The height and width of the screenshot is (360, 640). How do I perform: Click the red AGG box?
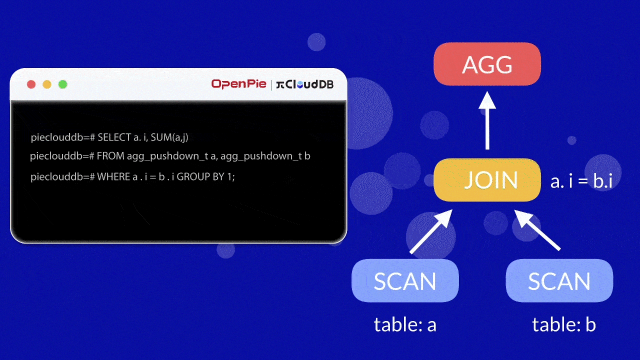487,64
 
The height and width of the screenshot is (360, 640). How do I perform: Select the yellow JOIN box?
487,180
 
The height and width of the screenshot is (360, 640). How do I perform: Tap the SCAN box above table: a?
405,280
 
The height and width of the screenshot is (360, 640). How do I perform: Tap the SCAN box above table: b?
559,280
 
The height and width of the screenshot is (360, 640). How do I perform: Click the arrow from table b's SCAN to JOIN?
538,230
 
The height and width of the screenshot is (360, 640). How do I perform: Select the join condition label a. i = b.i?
581,181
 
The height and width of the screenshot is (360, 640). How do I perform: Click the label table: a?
405,325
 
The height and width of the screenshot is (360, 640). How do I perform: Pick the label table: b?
563,325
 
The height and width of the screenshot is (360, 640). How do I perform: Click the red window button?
31,84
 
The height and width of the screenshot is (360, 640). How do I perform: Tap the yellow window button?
47,84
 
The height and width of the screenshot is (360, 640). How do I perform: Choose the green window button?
62,84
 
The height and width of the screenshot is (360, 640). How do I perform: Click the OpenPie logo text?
238,84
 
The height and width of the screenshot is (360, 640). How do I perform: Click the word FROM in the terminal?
110,156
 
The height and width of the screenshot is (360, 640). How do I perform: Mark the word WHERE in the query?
113,177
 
